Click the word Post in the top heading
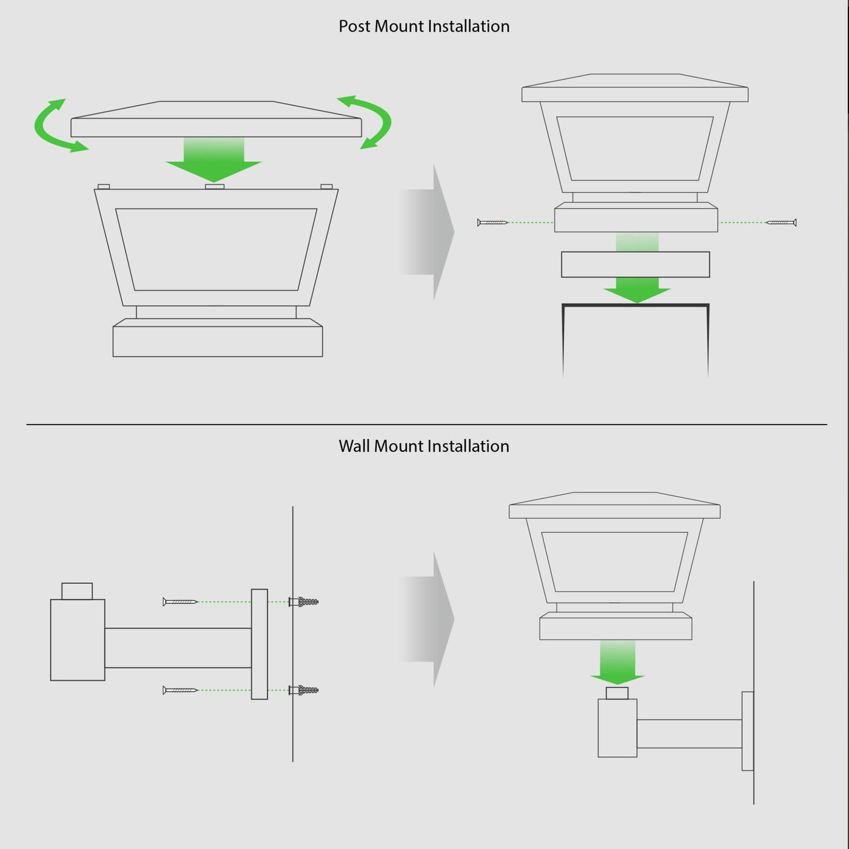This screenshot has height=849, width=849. click(354, 27)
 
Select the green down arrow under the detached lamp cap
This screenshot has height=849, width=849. click(213, 159)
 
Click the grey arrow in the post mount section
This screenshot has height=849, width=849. click(426, 232)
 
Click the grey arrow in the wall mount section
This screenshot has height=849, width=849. click(426, 619)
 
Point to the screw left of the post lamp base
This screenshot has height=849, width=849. click(492, 223)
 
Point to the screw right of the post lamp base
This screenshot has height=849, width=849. click(781, 223)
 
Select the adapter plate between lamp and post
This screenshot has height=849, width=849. click(636, 264)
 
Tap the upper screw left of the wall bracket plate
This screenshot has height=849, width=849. click(180, 602)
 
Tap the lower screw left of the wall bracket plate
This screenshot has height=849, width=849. click(180, 690)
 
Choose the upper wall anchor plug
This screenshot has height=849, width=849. click(304, 602)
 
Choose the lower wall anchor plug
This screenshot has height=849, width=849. click(304, 690)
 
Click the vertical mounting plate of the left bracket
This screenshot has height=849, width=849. click(260, 644)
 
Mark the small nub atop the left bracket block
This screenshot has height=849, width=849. click(77, 591)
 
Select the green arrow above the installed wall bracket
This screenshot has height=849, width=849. click(618, 663)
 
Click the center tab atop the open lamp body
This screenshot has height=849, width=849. click(215, 187)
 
